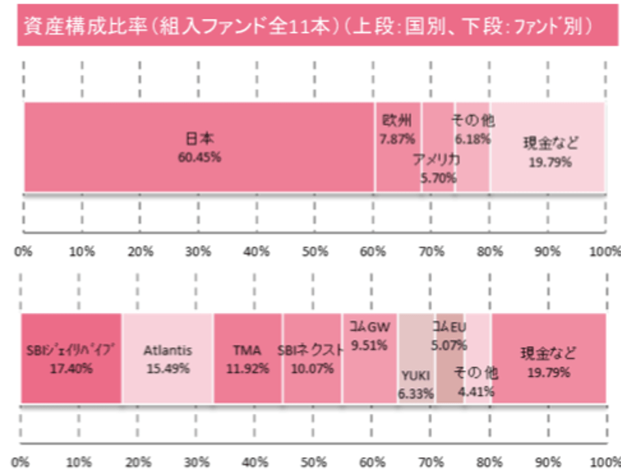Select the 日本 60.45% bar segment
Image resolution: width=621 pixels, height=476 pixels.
[x=199, y=147]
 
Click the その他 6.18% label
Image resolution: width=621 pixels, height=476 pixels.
[x=473, y=129]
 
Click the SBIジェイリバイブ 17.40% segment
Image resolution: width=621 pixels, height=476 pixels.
[x=71, y=359]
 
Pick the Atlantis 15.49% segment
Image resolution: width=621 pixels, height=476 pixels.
[x=167, y=359]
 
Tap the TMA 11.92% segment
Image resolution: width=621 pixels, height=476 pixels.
[x=247, y=359]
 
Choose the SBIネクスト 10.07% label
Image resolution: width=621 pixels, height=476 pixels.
[x=311, y=359]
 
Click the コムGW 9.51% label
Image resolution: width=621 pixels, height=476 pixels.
[x=369, y=335]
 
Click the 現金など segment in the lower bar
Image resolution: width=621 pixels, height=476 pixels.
[x=549, y=363]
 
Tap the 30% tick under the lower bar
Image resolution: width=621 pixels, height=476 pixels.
[x=196, y=462]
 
